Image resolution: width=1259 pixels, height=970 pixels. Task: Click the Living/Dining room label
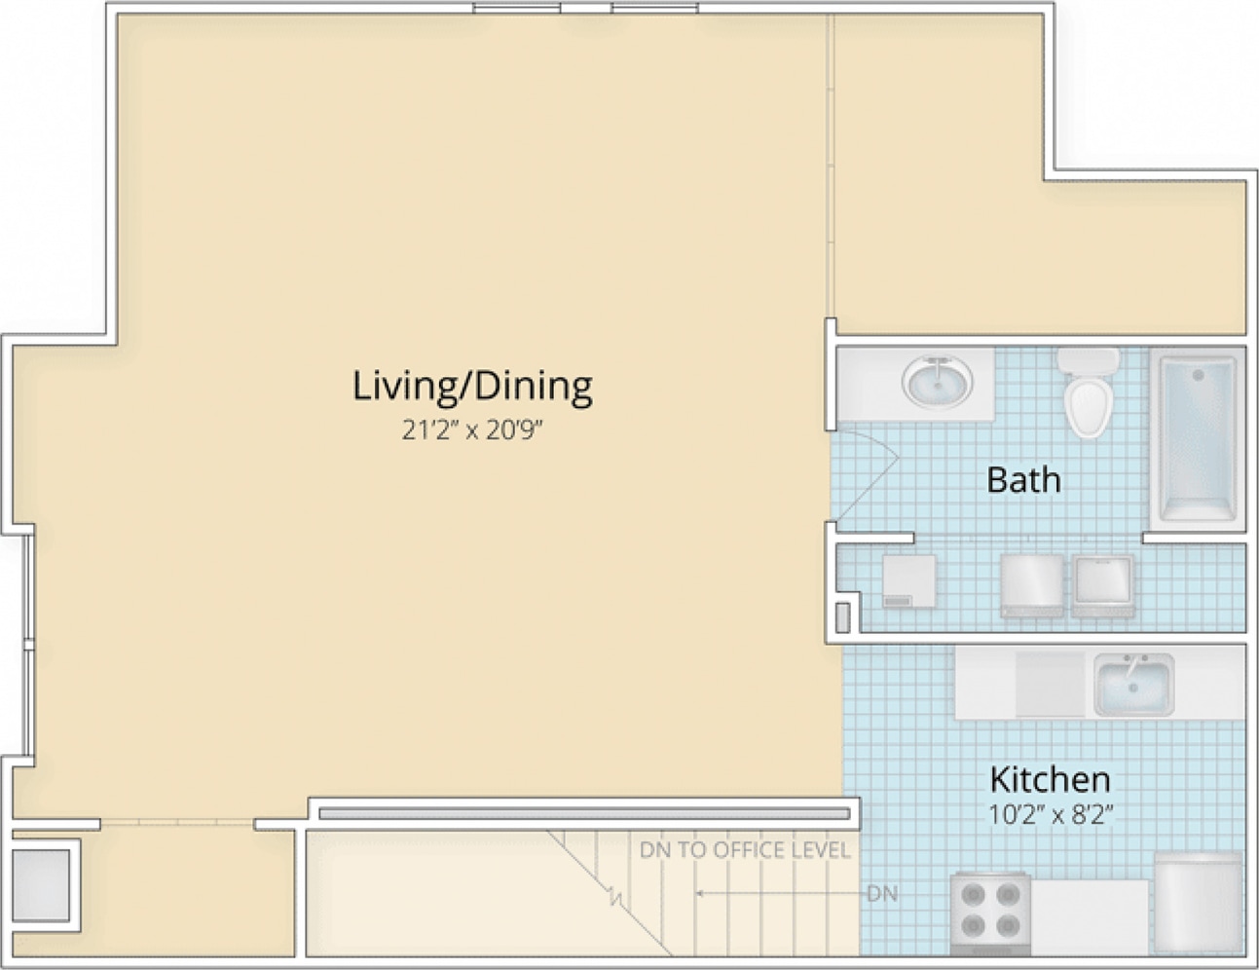472,387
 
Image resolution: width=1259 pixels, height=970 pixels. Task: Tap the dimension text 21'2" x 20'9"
473,430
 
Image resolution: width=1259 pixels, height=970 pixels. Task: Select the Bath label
1023,480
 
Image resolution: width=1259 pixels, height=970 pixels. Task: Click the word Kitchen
1050,780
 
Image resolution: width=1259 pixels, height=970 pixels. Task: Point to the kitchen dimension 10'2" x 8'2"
1051,815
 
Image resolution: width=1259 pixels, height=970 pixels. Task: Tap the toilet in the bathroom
1089,392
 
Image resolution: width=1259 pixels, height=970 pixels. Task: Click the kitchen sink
1133,686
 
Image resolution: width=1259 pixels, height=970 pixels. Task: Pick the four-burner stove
991,914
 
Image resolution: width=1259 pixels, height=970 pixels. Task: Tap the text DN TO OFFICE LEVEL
745,850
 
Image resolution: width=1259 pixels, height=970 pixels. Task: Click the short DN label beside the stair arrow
882,894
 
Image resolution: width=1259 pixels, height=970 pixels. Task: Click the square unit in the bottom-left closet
41,885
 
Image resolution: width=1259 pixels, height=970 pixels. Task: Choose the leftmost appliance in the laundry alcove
909,581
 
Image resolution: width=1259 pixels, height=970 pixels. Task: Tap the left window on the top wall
517,8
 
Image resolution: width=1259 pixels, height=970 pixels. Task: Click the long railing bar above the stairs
584,814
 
